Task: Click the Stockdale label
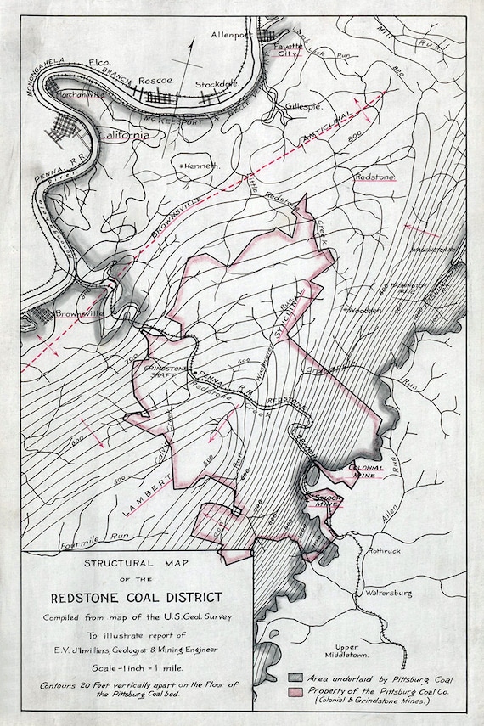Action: tap(213, 85)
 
